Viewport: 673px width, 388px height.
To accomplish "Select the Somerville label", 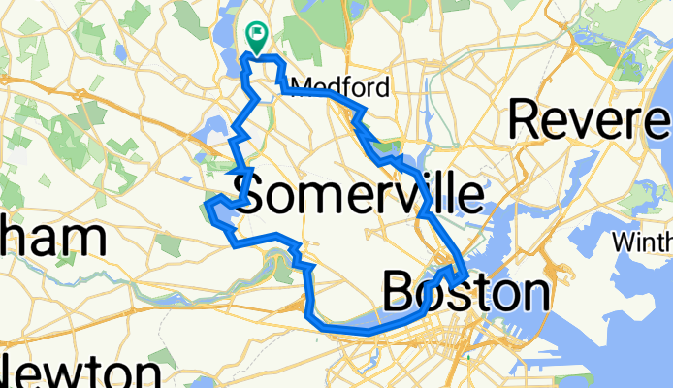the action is tap(359, 196).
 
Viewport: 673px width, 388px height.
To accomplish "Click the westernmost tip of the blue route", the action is tap(207, 204).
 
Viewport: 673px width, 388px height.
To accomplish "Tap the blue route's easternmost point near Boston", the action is tap(465, 275).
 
